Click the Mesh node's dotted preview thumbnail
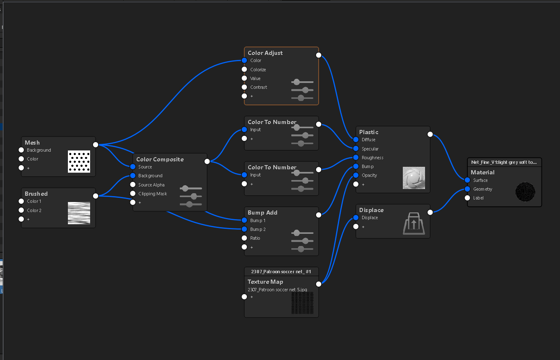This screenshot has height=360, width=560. point(79,161)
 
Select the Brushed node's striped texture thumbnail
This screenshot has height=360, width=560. point(79,213)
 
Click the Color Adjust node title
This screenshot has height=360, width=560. point(265,53)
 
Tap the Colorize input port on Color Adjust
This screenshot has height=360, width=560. point(244,69)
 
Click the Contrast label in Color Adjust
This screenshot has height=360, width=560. point(259,87)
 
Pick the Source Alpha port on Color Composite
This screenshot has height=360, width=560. point(133,185)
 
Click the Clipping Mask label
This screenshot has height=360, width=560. point(153,194)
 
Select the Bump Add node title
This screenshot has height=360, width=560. point(262,212)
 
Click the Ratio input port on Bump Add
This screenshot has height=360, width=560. point(244,238)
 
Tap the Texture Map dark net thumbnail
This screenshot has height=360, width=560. point(302,303)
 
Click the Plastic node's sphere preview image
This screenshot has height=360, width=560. point(414,178)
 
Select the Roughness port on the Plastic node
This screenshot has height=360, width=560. point(356,158)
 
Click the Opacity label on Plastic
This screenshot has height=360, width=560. point(369,175)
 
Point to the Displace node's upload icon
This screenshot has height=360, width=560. point(414,223)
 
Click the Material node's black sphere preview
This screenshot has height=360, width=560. point(525,192)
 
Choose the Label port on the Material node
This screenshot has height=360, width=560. point(467,198)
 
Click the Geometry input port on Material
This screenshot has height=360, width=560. point(467,189)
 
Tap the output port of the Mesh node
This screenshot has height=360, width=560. point(96,145)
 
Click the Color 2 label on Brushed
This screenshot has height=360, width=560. point(34,210)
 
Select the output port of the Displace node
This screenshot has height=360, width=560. point(430,212)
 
